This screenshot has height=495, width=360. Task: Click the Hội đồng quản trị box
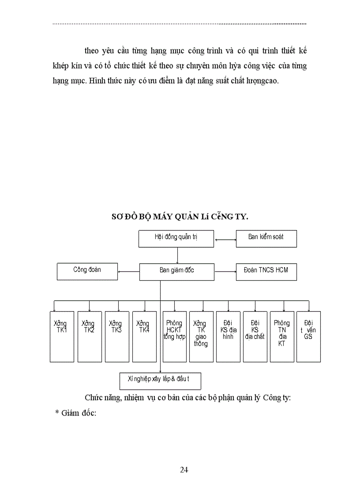(x=176, y=238)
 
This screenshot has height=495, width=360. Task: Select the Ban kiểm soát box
(x=266, y=238)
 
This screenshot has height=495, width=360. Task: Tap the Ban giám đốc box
(x=176, y=272)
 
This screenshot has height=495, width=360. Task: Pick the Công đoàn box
(x=87, y=271)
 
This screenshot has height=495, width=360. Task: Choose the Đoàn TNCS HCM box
(x=266, y=272)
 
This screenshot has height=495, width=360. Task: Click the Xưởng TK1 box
(x=62, y=336)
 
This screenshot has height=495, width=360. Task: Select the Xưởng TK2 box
(x=90, y=336)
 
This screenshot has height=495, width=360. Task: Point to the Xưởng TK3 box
(x=117, y=336)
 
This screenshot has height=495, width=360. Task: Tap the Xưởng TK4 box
(x=144, y=336)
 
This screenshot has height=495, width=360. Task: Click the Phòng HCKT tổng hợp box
(x=174, y=336)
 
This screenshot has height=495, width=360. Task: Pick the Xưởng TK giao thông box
(x=201, y=336)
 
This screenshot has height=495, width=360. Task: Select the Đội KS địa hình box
(x=228, y=336)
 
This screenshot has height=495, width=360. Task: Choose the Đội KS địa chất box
(x=255, y=336)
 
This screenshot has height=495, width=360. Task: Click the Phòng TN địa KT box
(x=282, y=336)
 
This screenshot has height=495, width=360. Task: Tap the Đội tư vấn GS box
(x=308, y=336)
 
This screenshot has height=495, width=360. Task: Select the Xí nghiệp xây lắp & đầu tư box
(x=161, y=381)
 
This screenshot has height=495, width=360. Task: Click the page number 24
(x=184, y=469)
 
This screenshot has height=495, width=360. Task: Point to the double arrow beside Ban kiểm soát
(x=225, y=240)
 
